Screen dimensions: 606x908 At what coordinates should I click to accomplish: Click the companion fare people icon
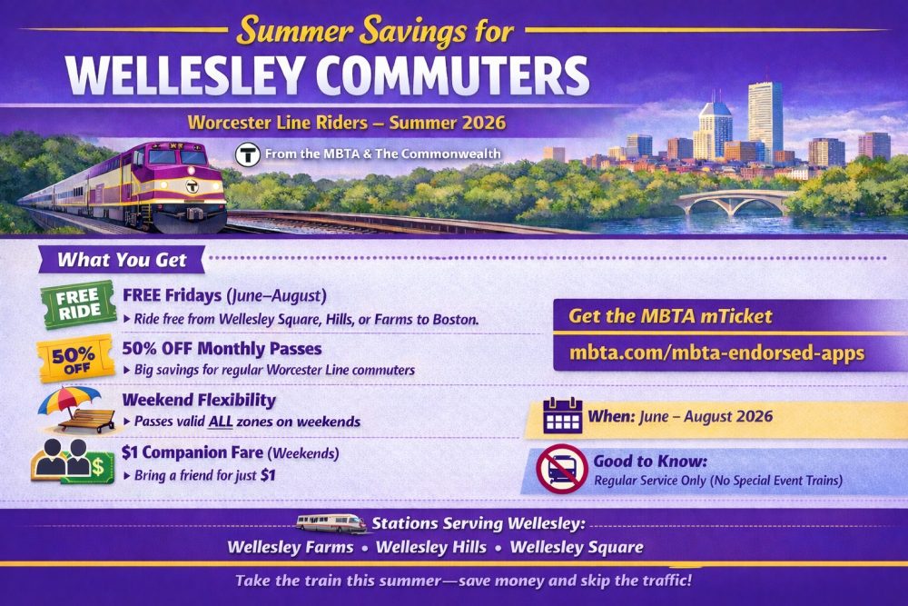tap(73, 462)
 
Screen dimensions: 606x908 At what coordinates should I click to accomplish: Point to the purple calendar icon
tap(562, 416)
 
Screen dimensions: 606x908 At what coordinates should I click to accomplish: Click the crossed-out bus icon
tap(563, 469)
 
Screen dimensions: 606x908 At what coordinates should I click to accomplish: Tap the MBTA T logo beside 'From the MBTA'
tap(247, 154)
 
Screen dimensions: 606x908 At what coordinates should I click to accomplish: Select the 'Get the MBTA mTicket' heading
tap(670, 316)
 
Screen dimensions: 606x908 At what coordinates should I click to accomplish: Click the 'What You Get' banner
tap(122, 260)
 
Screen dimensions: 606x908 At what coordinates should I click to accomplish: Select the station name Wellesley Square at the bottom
tap(577, 548)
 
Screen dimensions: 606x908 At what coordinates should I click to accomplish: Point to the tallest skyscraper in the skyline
tap(765, 118)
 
